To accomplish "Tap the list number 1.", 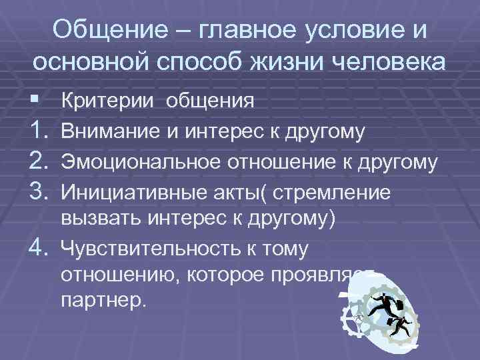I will [x=39, y=131].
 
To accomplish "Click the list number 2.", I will [x=39, y=161].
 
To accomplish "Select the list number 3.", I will [x=39, y=191].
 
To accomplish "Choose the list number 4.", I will [x=39, y=249].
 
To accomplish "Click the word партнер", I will [x=101, y=300].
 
